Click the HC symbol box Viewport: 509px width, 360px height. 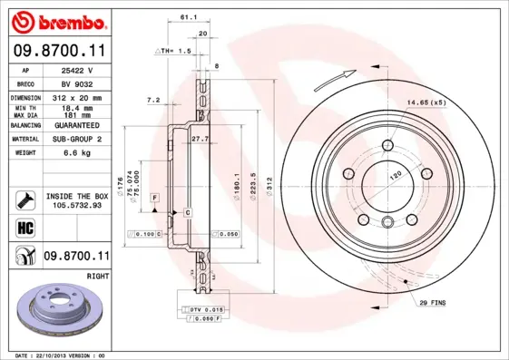(24, 228)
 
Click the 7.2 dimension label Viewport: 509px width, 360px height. (152, 99)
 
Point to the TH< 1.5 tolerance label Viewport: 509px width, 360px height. (174, 52)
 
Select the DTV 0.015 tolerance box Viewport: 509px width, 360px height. (206, 309)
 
